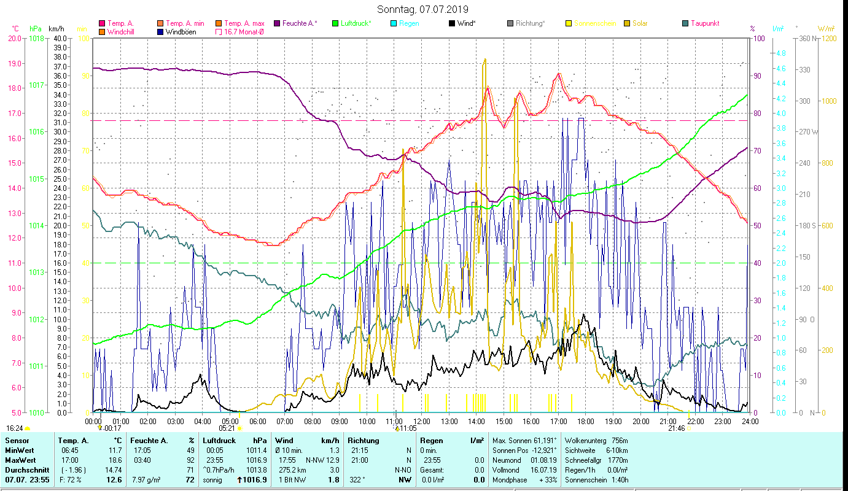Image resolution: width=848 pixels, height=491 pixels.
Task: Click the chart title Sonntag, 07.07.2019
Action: (422, 9)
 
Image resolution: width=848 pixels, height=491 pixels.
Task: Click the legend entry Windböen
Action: (181, 32)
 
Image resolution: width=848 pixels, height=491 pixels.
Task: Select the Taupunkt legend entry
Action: (704, 23)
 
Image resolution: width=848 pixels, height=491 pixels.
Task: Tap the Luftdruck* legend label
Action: (356, 23)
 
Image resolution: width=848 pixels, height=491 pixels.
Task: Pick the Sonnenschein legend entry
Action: (594, 23)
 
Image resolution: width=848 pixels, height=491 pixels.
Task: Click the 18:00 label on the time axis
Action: (586, 421)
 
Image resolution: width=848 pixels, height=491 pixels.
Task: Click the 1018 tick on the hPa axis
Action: (36, 38)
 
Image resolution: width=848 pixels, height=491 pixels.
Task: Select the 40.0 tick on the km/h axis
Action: (60, 38)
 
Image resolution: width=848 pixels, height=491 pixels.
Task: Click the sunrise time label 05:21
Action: (227, 428)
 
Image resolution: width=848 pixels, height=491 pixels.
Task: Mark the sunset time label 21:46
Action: (677, 428)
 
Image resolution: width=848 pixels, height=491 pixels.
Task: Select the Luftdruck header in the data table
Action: (219, 441)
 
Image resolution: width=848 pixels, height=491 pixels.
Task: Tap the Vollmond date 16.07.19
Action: (543, 470)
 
